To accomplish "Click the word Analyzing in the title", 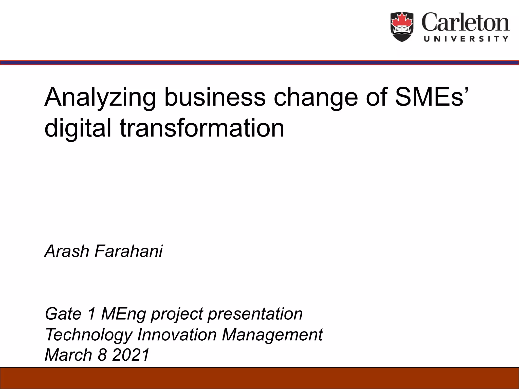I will tap(100, 98).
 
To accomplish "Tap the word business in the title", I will tap(215, 97).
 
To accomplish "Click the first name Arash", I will tap(67, 251).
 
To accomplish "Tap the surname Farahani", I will tap(129, 251).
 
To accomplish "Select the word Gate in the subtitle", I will tap(63, 314).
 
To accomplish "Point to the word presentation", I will tap(255, 314).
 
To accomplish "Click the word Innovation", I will tap(177, 335).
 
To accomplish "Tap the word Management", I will tap(272, 335).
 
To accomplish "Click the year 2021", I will tap(131, 355).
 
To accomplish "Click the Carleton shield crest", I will tap(402, 27).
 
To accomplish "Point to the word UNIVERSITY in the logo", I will tap(466, 39).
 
